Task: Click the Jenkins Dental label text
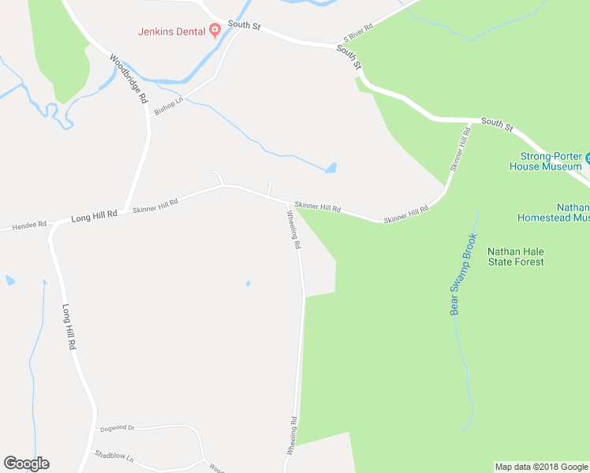point(172,32)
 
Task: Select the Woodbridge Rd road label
point(129,79)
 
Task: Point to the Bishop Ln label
point(168,106)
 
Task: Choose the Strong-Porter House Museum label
point(546,161)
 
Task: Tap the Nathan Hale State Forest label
point(515,257)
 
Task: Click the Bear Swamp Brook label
point(465,274)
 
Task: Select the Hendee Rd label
point(29,225)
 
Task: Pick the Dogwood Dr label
point(118,429)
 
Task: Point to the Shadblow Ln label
point(114,456)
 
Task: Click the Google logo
point(26,464)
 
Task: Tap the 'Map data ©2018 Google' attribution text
point(541,467)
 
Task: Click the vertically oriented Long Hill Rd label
point(69,327)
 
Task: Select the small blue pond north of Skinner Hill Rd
point(331,167)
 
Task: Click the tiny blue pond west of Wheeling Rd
point(248,284)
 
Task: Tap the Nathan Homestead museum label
point(552,211)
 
